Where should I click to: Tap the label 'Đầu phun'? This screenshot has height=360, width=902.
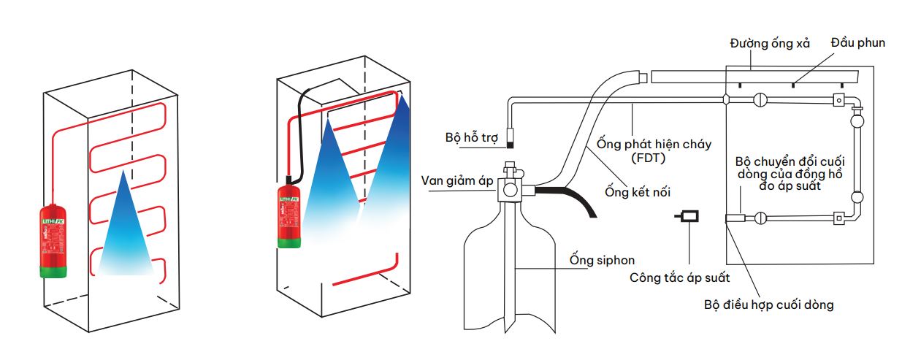[x=857, y=43]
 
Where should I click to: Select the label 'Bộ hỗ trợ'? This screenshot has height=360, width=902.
[x=468, y=137]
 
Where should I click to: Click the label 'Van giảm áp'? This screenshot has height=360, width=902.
[x=457, y=181]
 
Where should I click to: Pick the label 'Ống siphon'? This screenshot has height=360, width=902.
[x=602, y=260]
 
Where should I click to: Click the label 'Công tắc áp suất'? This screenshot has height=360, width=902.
[x=679, y=277]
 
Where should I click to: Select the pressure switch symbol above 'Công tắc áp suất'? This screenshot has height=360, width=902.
[x=688, y=217]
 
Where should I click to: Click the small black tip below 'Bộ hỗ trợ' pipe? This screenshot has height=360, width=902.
[x=510, y=135]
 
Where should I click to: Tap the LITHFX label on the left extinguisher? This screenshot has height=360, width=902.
[x=53, y=218]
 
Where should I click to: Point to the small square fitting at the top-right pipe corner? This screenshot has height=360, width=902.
[x=839, y=100]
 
